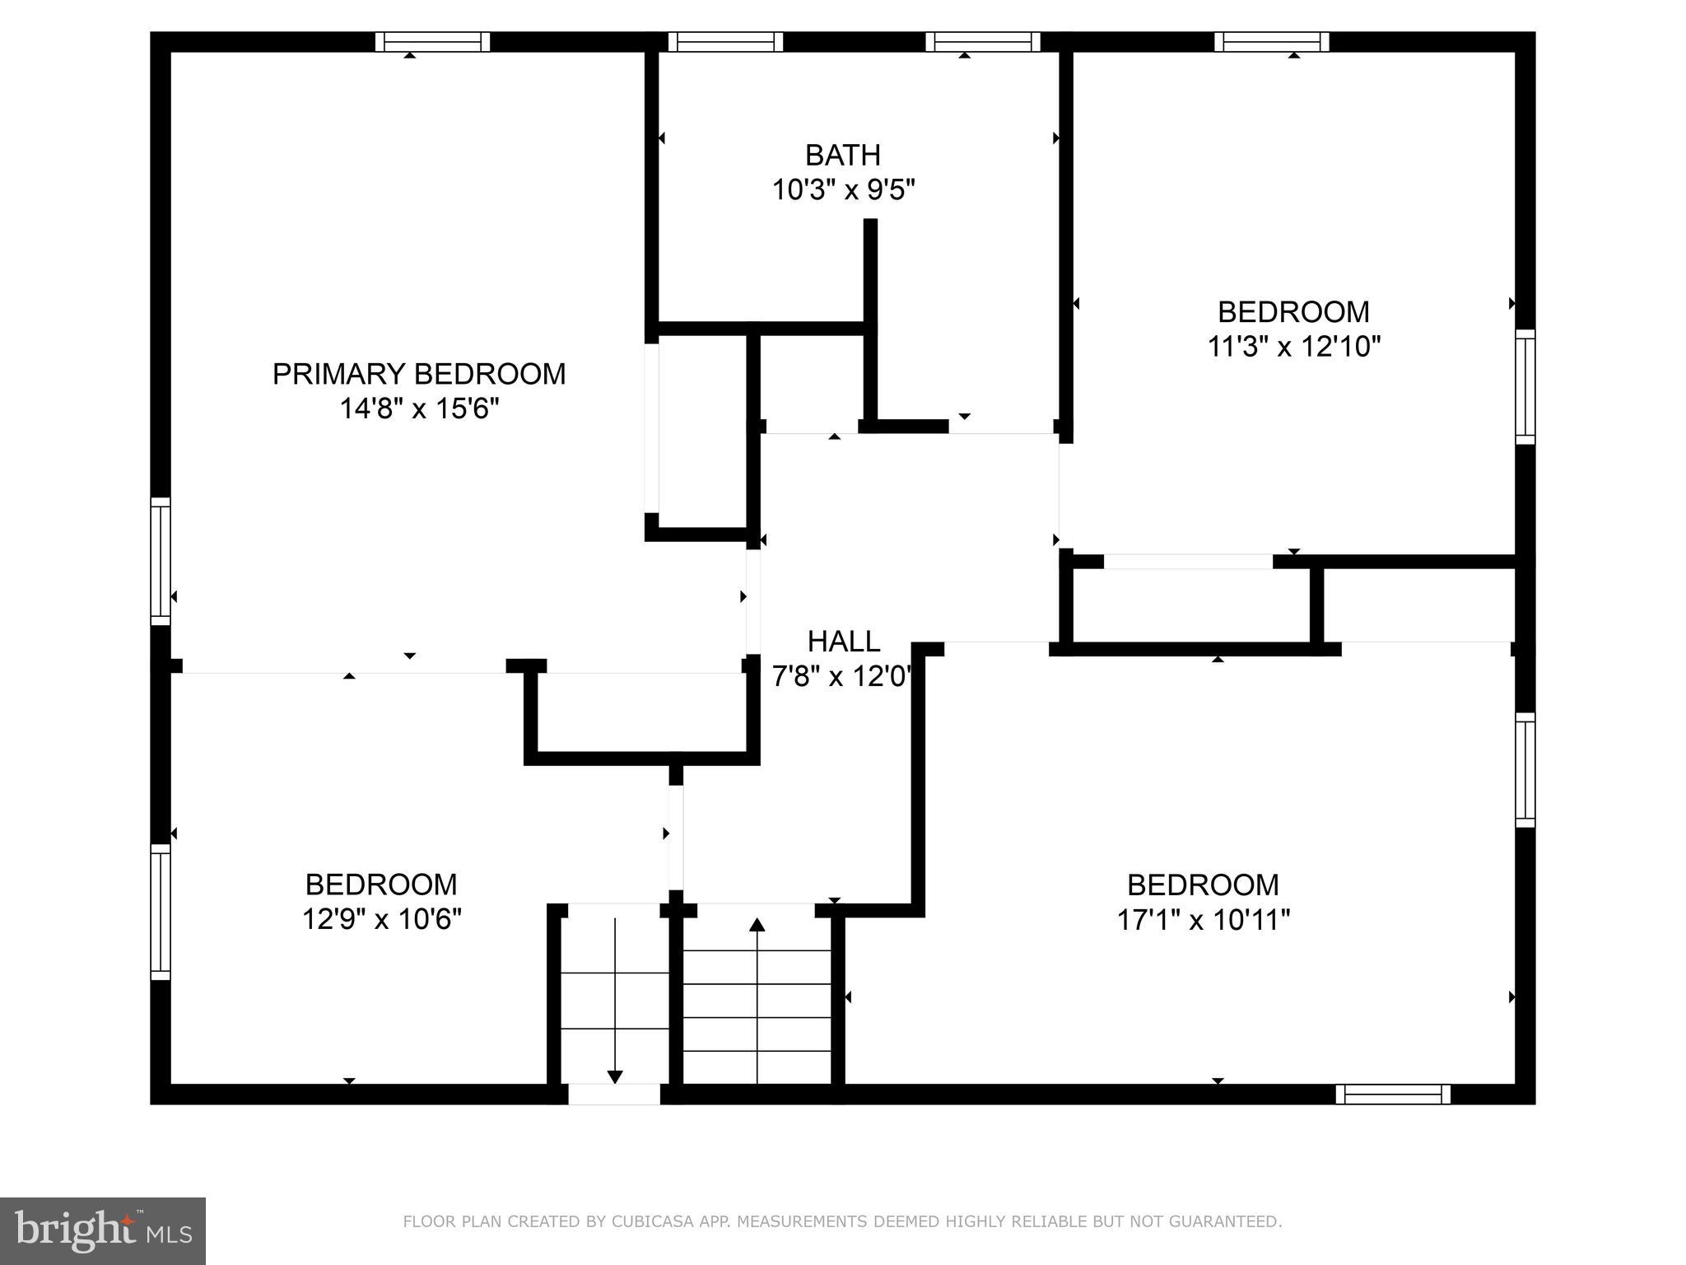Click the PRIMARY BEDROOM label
(x=419, y=374)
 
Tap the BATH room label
(x=843, y=155)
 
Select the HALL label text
(x=844, y=641)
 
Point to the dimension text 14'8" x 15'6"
(x=420, y=408)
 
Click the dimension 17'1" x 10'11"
(x=1203, y=919)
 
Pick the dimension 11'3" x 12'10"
(x=1293, y=346)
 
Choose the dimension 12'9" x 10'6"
(x=381, y=918)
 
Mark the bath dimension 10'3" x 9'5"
(x=843, y=190)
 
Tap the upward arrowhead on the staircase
(x=757, y=925)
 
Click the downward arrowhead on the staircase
(x=615, y=1076)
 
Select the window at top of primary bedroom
(x=433, y=42)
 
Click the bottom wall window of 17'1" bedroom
(x=1393, y=1094)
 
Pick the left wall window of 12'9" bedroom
(x=161, y=912)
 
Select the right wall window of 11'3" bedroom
(x=1525, y=387)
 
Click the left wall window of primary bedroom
(x=161, y=561)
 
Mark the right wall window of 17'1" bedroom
(x=1525, y=770)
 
